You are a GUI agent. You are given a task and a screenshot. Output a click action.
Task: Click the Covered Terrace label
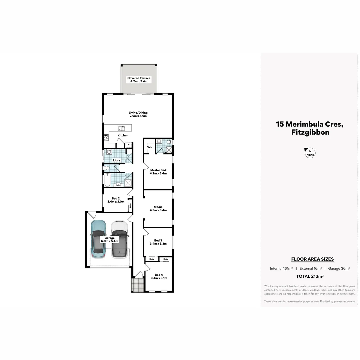[x=139, y=80]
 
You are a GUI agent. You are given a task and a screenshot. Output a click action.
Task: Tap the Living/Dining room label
[x=138, y=114]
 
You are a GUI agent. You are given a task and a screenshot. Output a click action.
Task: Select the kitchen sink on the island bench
[x=121, y=128]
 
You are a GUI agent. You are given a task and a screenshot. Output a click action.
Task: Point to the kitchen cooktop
[x=107, y=137]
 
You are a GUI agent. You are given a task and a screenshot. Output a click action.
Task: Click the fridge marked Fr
[x=128, y=145]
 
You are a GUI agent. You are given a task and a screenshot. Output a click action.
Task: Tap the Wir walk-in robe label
[x=150, y=147]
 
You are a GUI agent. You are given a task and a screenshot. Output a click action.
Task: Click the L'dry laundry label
[x=116, y=160]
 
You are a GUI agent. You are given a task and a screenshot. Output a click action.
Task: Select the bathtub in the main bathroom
[x=107, y=180]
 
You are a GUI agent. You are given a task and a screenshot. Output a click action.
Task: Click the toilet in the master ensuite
[x=169, y=142]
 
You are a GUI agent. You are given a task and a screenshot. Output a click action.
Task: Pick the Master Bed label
[x=158, y=172]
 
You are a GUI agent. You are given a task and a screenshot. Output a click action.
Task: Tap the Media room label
[x=158, y=208]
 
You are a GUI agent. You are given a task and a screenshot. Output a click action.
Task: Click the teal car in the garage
[x=98, y=239]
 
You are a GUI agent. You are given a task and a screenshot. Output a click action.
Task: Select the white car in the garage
[x=120, y=239]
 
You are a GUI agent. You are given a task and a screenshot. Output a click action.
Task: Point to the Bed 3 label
[x=158, y=242]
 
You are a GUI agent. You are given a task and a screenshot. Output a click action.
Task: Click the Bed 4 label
[x=159, y=276]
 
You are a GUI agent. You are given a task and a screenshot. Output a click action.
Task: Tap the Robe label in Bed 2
[x=130, y=206]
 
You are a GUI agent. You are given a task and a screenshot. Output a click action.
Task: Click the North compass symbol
[x=310, y=153]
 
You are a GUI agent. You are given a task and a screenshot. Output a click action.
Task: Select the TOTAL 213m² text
[x=310, y=276]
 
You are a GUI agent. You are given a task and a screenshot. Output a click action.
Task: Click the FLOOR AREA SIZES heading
[x=312, y=259]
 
